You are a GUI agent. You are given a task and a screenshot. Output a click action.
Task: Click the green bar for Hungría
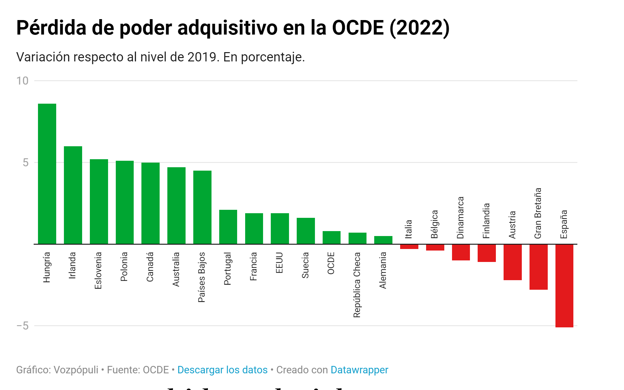point(47,174)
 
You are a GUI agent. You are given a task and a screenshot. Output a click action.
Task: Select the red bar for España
point(564,285)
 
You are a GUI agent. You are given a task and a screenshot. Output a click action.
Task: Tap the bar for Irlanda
point(73,195)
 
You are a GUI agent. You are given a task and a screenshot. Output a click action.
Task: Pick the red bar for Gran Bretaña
point(538,267)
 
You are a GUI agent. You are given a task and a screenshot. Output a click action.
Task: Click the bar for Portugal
point(228,227)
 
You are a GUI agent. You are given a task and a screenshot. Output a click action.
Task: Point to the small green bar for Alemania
point(383,240)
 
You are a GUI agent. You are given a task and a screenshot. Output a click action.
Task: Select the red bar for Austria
point(513,262)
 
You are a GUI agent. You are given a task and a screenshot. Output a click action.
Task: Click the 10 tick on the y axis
point(22,81)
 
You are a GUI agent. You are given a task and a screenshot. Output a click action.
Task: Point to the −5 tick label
point(22,326)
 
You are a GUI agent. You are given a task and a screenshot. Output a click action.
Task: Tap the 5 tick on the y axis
point(25,163)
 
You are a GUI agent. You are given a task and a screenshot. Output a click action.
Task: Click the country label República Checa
point(357,285)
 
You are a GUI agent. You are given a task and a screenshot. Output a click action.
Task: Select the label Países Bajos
point(202,277)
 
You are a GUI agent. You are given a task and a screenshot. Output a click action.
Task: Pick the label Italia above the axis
point(408,229)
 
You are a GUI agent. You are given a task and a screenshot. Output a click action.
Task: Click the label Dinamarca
point(460,218)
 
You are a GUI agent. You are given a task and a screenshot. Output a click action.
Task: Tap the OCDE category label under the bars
point(331,263)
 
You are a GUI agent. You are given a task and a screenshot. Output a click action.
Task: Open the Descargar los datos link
point(222,370)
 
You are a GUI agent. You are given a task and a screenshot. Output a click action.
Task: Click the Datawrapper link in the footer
point(359,370)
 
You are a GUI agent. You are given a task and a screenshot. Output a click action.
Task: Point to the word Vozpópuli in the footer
point(76,370)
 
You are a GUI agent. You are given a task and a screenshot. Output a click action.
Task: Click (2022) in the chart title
point(419,28)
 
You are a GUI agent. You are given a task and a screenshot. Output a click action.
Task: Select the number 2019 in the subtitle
point(202,57)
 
